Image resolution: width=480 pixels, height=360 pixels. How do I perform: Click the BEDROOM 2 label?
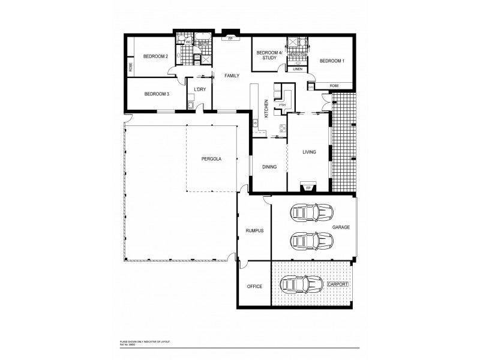(155, 56)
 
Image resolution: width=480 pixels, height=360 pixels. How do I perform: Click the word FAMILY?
(232, 76)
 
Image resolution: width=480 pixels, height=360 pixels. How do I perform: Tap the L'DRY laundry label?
(200, 89)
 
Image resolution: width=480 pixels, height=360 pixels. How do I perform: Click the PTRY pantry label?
(281, 105)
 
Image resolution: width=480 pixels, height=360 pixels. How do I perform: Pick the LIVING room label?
(309, 152)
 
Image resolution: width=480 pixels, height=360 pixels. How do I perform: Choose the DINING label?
(269, 167)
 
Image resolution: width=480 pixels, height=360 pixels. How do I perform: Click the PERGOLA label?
(212, 159)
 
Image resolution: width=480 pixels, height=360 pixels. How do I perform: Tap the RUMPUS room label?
(254, 230)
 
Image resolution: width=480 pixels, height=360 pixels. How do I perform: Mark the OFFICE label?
(254, 287)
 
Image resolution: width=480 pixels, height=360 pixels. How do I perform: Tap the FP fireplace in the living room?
(309, 188)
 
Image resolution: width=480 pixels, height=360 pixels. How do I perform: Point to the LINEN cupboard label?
(298, 70)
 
